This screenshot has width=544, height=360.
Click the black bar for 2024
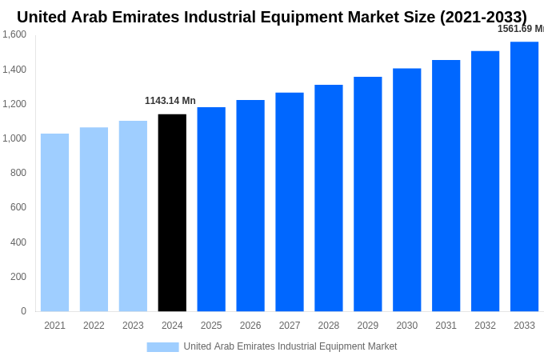[x=172, y=213]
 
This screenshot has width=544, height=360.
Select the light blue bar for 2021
[x=54, y=222]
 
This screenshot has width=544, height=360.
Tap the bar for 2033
[x=524, y=176]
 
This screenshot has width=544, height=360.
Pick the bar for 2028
[x=328, y=198]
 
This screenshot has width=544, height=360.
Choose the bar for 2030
[x=406, y=190]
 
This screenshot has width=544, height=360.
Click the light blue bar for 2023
[x=133, y=216]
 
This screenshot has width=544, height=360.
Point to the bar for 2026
[x=250, y=206]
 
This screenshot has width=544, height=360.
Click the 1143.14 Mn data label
[x=170, y=101]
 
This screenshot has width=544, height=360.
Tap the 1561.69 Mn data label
[x=521, y=29]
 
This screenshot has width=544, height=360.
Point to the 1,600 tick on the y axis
[x=14, y=34]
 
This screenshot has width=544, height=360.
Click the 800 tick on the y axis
[x=18, y=173]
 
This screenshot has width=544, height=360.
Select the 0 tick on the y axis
[x=23, y=311]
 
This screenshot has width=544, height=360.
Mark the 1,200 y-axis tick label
[x=14, y=104]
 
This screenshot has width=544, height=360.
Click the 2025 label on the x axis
[x=211, y=326]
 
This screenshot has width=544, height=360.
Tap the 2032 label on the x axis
[x=485, y=326]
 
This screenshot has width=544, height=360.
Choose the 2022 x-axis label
[x=94, y=326]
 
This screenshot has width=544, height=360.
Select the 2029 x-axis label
[x=367, y=326]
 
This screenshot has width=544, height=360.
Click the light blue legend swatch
[x=162, y=346]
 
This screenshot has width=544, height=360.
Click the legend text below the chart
[x=290, y=346]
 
